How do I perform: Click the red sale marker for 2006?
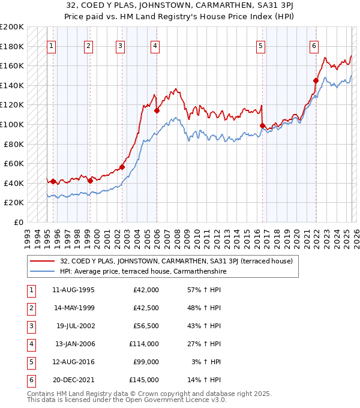[157, 110]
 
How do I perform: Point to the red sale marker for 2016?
[262, 125]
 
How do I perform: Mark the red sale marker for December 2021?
[316, 80]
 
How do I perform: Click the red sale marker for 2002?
[122, 167]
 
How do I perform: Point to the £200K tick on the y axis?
[13, 27]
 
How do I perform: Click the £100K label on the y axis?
[13, 124]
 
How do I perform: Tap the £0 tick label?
[17, 222]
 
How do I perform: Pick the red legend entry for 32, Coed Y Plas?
[176, 261]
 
